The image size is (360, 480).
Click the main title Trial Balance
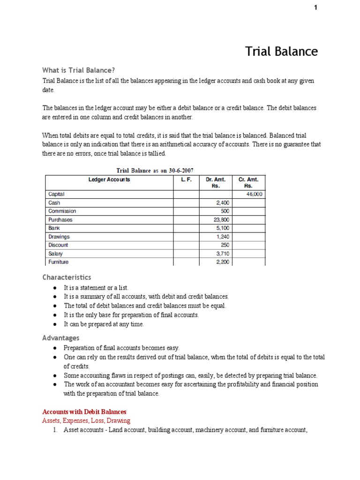click(281, 51)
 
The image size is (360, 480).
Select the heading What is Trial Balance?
click(78, 70)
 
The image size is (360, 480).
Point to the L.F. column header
click(186, 180)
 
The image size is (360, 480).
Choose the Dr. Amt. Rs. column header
click(216, 182)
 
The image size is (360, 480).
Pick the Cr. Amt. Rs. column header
click(248, 182)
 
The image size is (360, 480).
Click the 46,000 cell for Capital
click(254, 194)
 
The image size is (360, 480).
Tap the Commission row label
click(62, 211)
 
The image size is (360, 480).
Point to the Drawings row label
click(59, 237)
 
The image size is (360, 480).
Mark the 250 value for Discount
click(225, 245)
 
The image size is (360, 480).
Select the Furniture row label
click(59, 262)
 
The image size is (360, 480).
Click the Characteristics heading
click(67, 277)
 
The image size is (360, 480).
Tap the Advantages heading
click(61, 338)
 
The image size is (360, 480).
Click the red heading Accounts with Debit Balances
click(84, 412)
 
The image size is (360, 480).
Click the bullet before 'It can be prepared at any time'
click(55, 324)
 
